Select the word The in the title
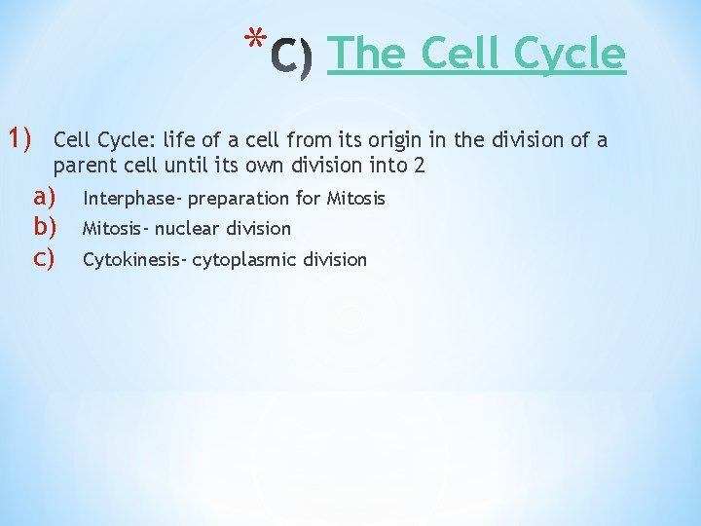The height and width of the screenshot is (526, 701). (x=359, y=54)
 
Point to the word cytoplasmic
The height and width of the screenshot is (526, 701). (x=243, y=260)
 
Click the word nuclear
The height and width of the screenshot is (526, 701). (x=188, y=229)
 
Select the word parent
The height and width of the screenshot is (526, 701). (x=85, y=167)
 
